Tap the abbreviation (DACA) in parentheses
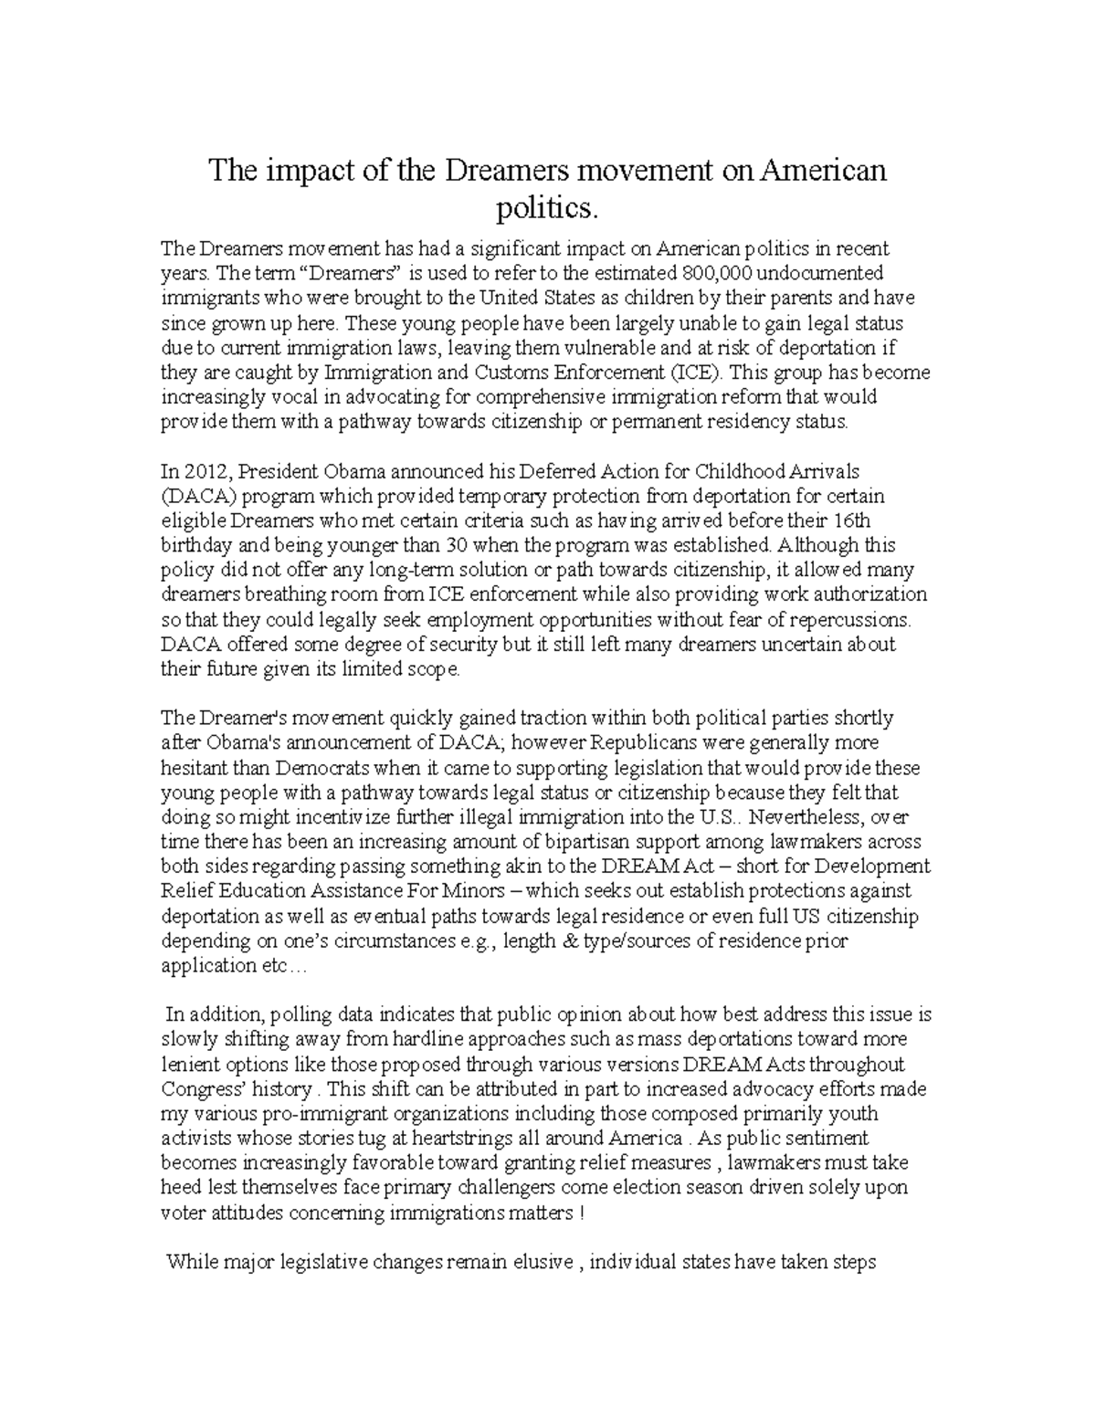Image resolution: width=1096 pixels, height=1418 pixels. pyautogui.click(x=191, y=496)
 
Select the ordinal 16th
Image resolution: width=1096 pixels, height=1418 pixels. pyautogui.click(x=854, y=520)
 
